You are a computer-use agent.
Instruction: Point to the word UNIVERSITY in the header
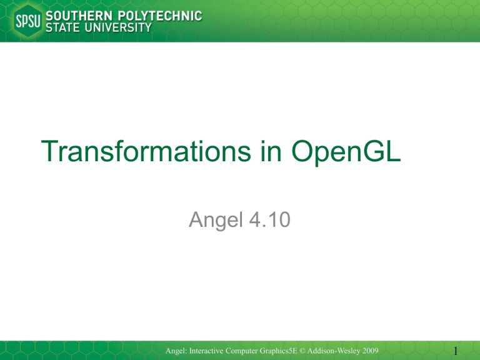[x=118, y=28]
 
